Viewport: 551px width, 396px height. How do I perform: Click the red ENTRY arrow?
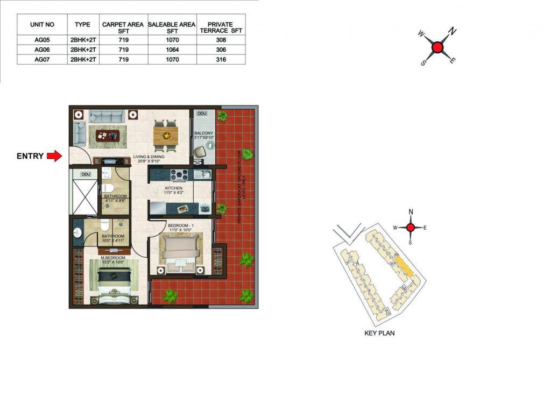point(54,156)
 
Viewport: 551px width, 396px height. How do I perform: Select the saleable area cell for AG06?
point(172,49)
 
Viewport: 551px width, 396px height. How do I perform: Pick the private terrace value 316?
point(221,59)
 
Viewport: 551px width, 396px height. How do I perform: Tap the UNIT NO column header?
point(42,25)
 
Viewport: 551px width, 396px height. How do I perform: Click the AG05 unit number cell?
point(42,40)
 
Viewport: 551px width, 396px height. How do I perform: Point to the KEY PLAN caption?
point(379,333)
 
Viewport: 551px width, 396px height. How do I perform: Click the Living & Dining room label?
point(149,159)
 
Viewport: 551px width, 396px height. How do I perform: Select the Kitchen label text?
point(174,190)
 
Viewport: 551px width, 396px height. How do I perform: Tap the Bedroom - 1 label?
point(181,228)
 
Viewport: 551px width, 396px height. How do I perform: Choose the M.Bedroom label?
point(113,260)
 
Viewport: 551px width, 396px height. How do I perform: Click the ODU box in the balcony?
point(202,114)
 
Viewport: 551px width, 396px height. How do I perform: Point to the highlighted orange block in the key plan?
point(404,266)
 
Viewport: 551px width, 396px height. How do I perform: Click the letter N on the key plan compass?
point(411,211)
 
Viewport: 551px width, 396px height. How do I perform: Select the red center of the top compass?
point(437,47)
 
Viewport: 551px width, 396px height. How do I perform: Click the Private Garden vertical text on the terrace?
point(242,187)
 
